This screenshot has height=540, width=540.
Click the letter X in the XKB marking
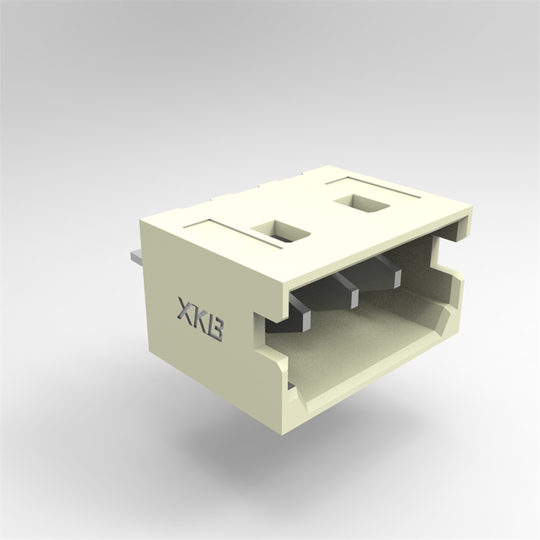pyautogui.click(x=185, y=309)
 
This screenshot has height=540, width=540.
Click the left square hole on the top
pyautogui.click(x=280, y=230)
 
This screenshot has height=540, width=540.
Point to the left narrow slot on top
pyautogui.click(x=233, y=233)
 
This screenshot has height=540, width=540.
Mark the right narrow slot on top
pyautogui.click(x=374, y=188)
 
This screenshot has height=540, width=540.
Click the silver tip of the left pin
pyautogui.click(x=305, y=321)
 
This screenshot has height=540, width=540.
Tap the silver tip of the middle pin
pyautogui.click(x=354, y=298)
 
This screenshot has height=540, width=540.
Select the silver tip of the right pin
pyautogui.click(x=397, y=279)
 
